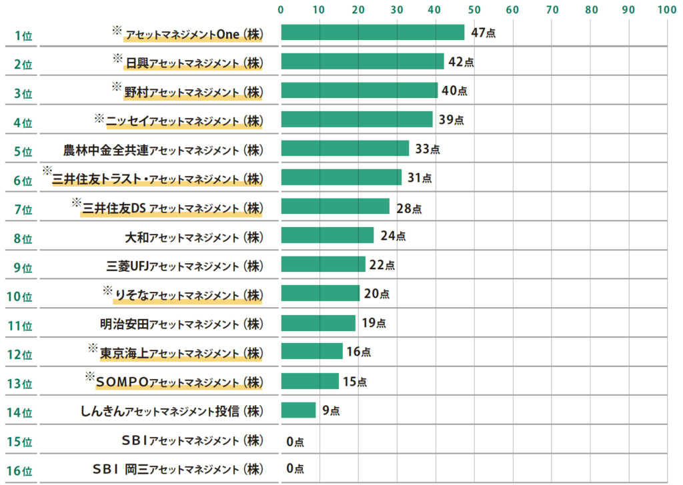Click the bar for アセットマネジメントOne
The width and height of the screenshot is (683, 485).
(x=372, y=33)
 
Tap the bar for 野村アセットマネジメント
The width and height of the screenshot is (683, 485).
(x=359, y=91)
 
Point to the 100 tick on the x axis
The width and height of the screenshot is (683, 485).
(x=666, y=10)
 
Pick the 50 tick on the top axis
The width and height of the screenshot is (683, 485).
(x=474, y=10)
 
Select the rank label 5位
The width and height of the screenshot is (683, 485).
(x=23, y=151)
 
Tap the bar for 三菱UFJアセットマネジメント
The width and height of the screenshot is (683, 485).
(x=323, y=264)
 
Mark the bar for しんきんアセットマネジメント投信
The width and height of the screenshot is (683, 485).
(x=298, y=410)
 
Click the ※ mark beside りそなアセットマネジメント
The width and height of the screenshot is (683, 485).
(x=108, y=290)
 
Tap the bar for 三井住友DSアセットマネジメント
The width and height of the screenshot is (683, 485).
(x=335, y=207)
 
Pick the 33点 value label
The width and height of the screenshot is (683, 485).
(x=427, y=149)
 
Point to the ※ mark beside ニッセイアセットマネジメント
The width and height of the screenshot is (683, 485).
(x=99, y=118)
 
